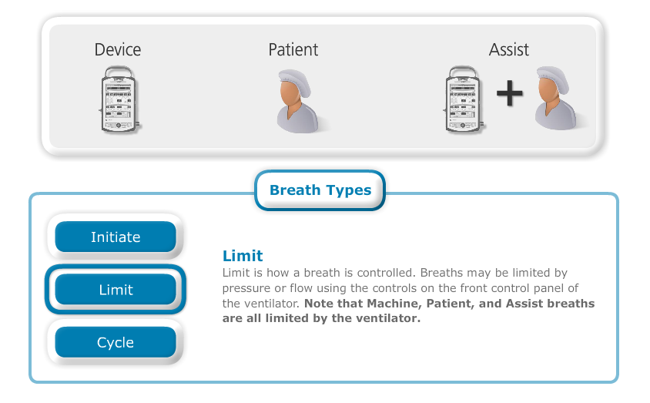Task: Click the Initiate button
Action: [x=116, y=237]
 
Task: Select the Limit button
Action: [x=116, y=290]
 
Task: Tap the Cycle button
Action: [x=116, y=342]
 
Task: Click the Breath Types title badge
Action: [x=320, y=190]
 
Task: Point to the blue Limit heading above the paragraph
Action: [x=243, y=256]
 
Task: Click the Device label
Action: [x=118, y=50]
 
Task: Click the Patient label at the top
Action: [x=293, y=50]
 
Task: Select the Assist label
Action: [x=508, y=50]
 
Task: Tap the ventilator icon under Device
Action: [x=119, y=99]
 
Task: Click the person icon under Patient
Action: [x=300, y=101]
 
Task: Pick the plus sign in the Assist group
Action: [x=510, y=93]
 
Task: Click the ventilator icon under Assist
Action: [x=464, y=99]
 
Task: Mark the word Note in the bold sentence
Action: [x=319, y=304]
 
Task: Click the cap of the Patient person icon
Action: [x=296, y=80]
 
